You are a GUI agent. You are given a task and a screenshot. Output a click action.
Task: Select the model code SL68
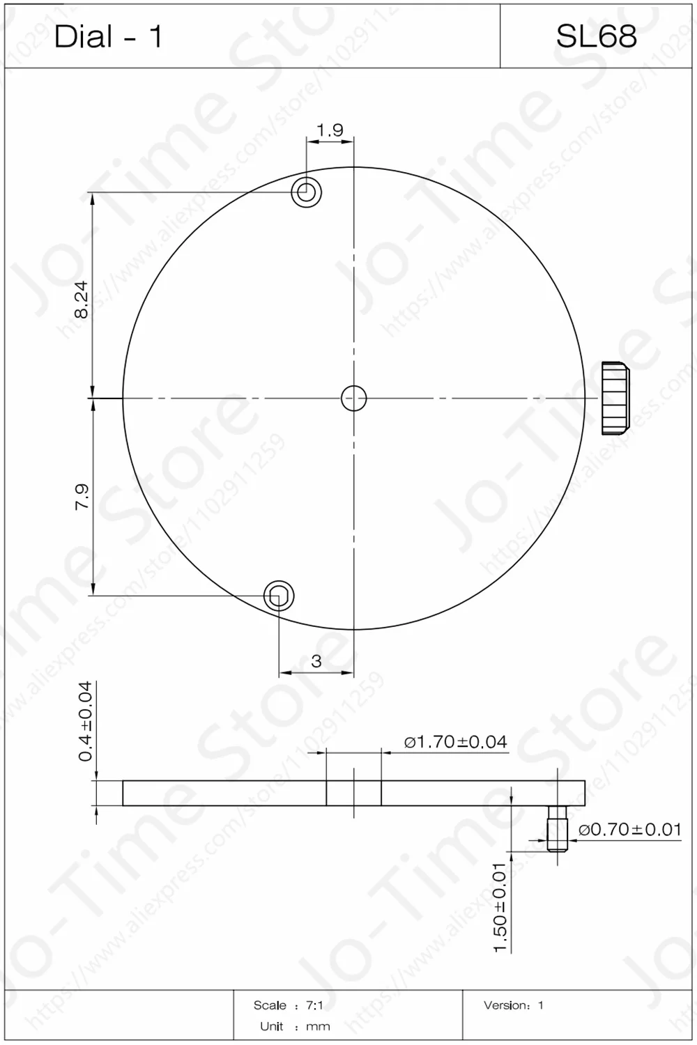596,36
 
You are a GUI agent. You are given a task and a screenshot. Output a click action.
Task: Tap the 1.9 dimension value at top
330,130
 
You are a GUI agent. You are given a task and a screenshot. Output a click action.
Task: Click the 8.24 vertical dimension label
82,300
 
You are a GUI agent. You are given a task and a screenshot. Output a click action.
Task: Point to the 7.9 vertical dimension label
82,497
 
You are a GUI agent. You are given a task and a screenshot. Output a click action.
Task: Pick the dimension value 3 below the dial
316,661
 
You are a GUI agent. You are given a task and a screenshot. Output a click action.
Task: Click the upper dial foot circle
306,192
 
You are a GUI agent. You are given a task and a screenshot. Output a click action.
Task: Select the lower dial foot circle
279,596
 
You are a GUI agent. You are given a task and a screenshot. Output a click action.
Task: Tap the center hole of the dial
354,398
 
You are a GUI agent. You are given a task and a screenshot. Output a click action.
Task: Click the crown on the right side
615,398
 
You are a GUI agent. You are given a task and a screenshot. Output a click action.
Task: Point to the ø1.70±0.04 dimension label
455,742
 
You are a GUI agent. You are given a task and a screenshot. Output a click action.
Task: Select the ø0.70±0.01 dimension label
629,829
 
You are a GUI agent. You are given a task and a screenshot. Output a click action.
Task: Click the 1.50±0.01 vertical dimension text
500,907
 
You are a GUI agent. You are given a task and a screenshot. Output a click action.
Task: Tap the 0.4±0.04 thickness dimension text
85,721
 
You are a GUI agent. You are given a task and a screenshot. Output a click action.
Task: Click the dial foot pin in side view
557,828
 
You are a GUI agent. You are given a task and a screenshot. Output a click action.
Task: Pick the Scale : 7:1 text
288,1005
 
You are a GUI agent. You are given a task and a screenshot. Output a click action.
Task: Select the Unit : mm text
295,1026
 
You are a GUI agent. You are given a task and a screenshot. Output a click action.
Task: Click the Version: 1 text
513,1005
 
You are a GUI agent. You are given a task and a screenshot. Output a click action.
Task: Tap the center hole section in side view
354,793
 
